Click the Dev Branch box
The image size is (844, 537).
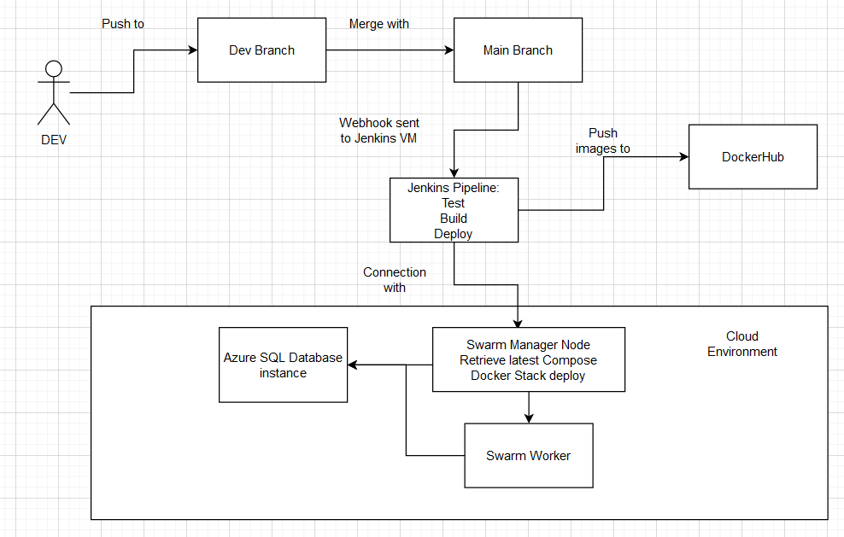coord(261,50)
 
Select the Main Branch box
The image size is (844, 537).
coord(518,50)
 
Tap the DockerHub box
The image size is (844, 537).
coord(753,156)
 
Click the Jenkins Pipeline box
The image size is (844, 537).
coord(454,210)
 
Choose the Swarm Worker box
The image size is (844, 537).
coord(529,456)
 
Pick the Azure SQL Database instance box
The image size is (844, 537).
coord(283,365)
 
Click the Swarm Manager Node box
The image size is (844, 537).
coord(529,359)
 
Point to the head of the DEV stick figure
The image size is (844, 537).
coord(54,69)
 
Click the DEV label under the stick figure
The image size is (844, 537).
coord(54,140)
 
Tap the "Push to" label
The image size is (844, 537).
coord(123,24)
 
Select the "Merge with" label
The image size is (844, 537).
coord(379,24)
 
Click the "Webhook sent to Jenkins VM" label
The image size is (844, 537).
coord(379,131)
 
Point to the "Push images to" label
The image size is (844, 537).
coord(603,140)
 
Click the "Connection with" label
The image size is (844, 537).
coord(395,280)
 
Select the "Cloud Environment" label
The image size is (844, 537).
coord(742,344)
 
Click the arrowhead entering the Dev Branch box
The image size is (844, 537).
coord(193,50)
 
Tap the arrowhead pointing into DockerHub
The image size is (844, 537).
coord(684,156)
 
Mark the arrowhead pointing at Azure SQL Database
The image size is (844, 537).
coord(353,365)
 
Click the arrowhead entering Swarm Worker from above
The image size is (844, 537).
coord(529,418)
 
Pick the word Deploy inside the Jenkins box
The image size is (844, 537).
coord(454,234)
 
